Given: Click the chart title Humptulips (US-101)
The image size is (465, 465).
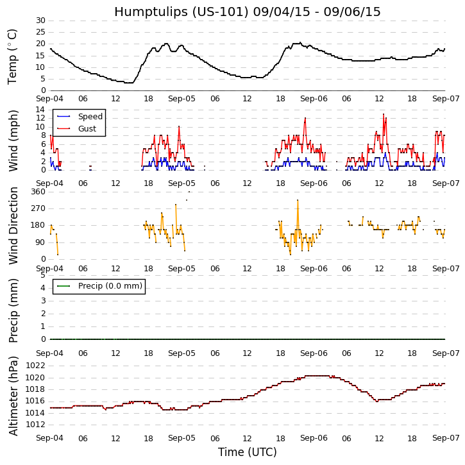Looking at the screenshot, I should coord(248,12).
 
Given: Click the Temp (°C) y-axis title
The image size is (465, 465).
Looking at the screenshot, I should coord(13,56).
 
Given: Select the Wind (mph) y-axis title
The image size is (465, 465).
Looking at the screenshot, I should coord(13,140).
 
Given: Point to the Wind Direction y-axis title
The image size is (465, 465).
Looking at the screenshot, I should coord(13,225).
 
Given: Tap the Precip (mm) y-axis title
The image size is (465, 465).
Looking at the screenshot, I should coord(13,310).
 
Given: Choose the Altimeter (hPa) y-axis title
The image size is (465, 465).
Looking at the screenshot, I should coord(13,395).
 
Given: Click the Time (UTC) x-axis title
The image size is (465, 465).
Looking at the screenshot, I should coord(248,452).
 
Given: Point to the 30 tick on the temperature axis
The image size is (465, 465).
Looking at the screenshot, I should coord(40,21).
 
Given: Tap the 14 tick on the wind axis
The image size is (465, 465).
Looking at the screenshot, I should coord(40,110).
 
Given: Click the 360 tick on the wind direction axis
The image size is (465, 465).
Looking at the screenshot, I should coord(37,192).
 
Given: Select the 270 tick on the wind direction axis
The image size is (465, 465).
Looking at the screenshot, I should coord(37,208).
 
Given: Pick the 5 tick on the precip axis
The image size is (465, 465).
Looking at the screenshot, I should coord(42,275).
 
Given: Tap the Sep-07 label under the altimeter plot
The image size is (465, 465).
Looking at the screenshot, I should coord(445,438).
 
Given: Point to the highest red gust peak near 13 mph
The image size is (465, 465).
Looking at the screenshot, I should coord(384,114).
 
